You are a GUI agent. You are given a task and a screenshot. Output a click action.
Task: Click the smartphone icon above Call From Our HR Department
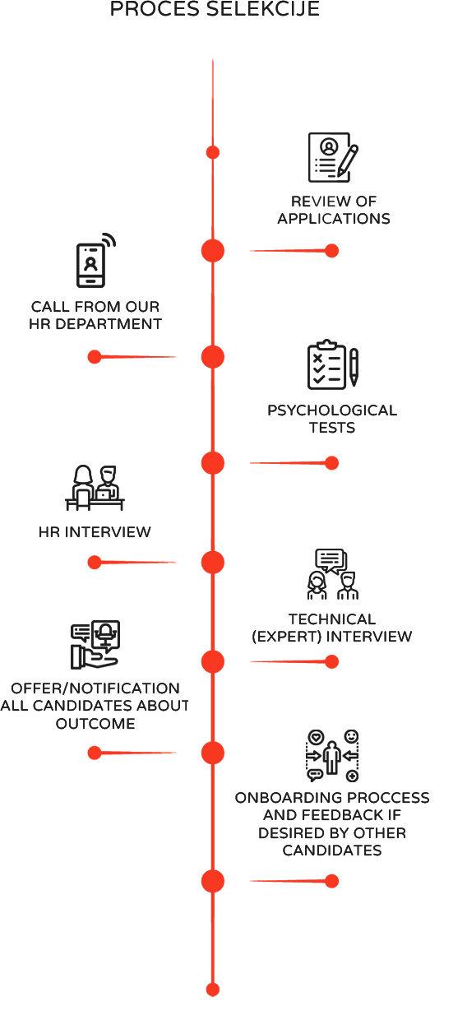click(x=96, y=260)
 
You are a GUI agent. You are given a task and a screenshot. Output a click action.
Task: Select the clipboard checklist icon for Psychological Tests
click(x=333, y=364)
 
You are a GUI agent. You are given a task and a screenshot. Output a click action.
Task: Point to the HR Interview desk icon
click(x=95, y=488)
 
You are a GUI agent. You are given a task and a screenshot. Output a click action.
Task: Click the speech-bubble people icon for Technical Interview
click(x=333, y=574)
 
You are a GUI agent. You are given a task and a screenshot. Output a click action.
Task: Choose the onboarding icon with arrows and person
click(x=332, y=756)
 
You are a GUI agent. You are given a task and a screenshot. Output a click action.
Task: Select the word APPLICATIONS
click(x=333, y=219)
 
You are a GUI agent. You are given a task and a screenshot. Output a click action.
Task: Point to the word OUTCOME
click(x=95, y=724)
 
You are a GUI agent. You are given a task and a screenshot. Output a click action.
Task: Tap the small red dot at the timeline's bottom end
click(x=213, y=990)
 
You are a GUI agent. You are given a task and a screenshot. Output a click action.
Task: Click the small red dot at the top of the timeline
click(x=213, y=152)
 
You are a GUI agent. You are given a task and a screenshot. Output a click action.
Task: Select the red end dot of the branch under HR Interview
click(x=94, y=563)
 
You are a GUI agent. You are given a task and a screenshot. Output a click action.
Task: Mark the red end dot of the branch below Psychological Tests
click(x=331, y=463)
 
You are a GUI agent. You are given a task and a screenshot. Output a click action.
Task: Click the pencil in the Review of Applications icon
click(x=348, y=160)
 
